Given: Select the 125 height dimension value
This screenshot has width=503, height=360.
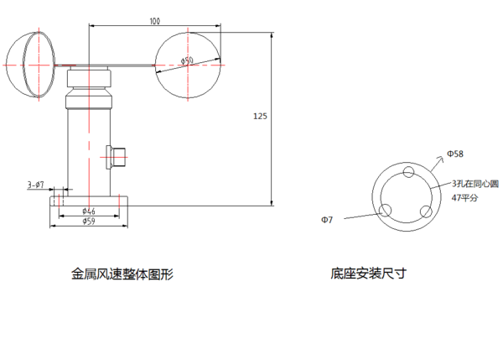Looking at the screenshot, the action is [260, 117].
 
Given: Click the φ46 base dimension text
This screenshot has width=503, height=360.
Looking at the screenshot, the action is [89, 211].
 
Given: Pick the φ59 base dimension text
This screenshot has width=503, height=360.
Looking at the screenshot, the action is [89, 222].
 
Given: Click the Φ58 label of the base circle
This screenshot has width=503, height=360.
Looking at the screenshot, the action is [455, 154].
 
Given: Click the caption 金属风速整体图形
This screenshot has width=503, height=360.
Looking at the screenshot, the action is [122, 274].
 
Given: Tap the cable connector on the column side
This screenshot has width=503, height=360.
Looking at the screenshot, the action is [117, 156].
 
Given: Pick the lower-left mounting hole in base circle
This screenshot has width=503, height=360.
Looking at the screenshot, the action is [386, 211].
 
